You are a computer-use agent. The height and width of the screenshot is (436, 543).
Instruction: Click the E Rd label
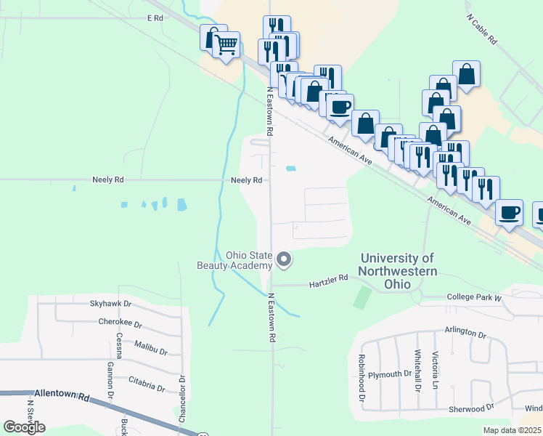[x=155, y=17]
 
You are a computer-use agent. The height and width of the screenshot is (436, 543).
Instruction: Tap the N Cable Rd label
[x=481, y=28]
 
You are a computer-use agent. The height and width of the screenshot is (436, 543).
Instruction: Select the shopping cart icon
[x=226, y=45]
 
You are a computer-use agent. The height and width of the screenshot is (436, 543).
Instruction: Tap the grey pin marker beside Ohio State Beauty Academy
[x=285, y=259]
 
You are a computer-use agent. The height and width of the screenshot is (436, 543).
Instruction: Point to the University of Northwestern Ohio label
[x=399, y=265]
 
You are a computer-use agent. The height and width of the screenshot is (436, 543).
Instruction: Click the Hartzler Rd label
[x=329, y=278]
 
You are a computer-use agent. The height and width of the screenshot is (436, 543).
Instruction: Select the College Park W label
[x=474, y=297]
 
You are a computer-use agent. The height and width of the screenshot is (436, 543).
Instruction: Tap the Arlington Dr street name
[x=465, y=332]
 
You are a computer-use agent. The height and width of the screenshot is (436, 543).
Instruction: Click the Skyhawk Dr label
[x=110, y=304]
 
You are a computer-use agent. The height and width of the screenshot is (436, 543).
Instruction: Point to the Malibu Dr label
[x=150, y=352]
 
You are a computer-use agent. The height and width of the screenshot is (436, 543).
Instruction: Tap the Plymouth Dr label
[x=389, y=374]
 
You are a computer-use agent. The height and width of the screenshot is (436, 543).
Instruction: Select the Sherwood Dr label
[x=471, y=408]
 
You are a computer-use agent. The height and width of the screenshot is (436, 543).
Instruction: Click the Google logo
[x=25, y=427]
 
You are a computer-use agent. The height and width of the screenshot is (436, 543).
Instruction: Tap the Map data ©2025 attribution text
[x=512, y=430]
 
